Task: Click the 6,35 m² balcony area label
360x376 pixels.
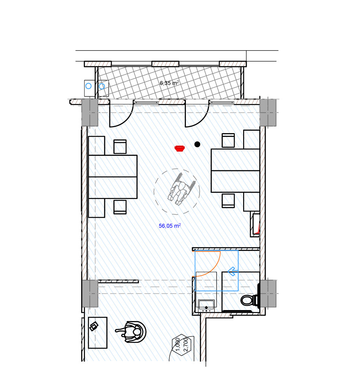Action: (169, 83)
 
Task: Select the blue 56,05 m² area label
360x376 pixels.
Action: (169, 226)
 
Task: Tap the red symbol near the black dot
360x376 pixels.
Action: (180, 148)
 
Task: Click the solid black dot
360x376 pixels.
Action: (197, 144)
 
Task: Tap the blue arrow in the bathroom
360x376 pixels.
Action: (233, 272)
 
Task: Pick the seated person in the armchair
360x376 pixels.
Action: (131, 332)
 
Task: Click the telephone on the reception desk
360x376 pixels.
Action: (94, 326)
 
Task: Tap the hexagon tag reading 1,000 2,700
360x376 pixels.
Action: (182, 345)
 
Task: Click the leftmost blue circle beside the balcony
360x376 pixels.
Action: (89, 86)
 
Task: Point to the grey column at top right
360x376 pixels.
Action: (268, 113)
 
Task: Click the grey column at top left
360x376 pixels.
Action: (90, 113)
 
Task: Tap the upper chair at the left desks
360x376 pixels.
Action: (120, 146)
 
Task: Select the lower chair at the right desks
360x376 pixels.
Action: (228, 201)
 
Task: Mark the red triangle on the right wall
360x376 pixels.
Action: (258, 230)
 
